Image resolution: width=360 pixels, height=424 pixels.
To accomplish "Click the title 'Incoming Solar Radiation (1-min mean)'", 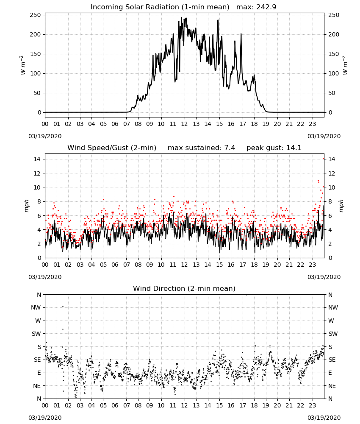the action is click(160, 7).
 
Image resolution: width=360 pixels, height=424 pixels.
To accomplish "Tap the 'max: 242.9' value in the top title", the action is click(256, 7).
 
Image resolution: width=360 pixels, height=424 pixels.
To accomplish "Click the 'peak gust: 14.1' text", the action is click(274, 148).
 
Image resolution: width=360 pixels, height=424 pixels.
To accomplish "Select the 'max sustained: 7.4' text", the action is click(201, 148).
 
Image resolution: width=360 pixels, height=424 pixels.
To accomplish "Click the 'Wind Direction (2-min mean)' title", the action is click(184, 288).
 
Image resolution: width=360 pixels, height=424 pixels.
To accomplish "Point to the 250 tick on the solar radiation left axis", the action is click(36, 15).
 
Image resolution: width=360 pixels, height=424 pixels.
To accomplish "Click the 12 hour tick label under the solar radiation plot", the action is click(184, 124).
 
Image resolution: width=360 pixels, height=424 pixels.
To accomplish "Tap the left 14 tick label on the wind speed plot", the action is click(37, 159).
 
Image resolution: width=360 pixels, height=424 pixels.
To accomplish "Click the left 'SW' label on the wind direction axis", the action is click(36, 334).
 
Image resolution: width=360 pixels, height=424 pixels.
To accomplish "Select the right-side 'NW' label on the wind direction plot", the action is click(333, 307).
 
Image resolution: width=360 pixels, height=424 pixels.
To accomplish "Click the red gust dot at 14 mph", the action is click(324, 159).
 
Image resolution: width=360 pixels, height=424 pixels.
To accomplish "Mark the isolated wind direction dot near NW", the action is click(63, 307).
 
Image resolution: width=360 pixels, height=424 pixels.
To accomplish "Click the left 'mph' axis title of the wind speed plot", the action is click(26, 206).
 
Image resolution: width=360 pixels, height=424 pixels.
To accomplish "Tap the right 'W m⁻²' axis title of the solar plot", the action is click(345, 65).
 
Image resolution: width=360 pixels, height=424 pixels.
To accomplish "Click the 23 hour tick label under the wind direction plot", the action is click(312, 405).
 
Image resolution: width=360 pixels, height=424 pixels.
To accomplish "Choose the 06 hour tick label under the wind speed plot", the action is click(115, 265).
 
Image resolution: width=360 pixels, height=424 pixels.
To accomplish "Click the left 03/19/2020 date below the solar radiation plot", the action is click(45, 136).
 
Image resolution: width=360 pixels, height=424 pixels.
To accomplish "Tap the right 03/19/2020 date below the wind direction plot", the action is click(324, 418).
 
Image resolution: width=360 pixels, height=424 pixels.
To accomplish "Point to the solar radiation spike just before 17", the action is click(241, 34).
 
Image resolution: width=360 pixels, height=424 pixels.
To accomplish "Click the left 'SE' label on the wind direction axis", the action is click(37, 360).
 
